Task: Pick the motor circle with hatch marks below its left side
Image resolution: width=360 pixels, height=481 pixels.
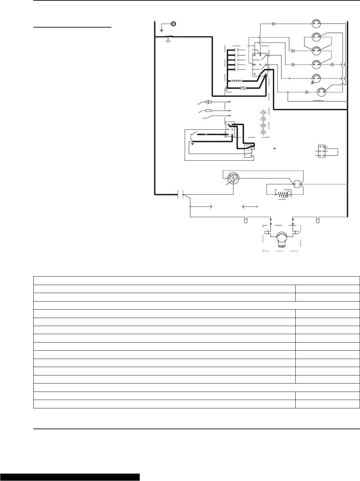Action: tap(316, 78)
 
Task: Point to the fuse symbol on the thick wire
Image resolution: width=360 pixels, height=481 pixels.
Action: tap(243, 88)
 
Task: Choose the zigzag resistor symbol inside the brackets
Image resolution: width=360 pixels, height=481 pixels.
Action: tap(284, 195)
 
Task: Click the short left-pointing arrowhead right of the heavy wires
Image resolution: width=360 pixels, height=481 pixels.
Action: tap(275, 148)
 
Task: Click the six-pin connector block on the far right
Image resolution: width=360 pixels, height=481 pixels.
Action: tap(322, 151)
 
